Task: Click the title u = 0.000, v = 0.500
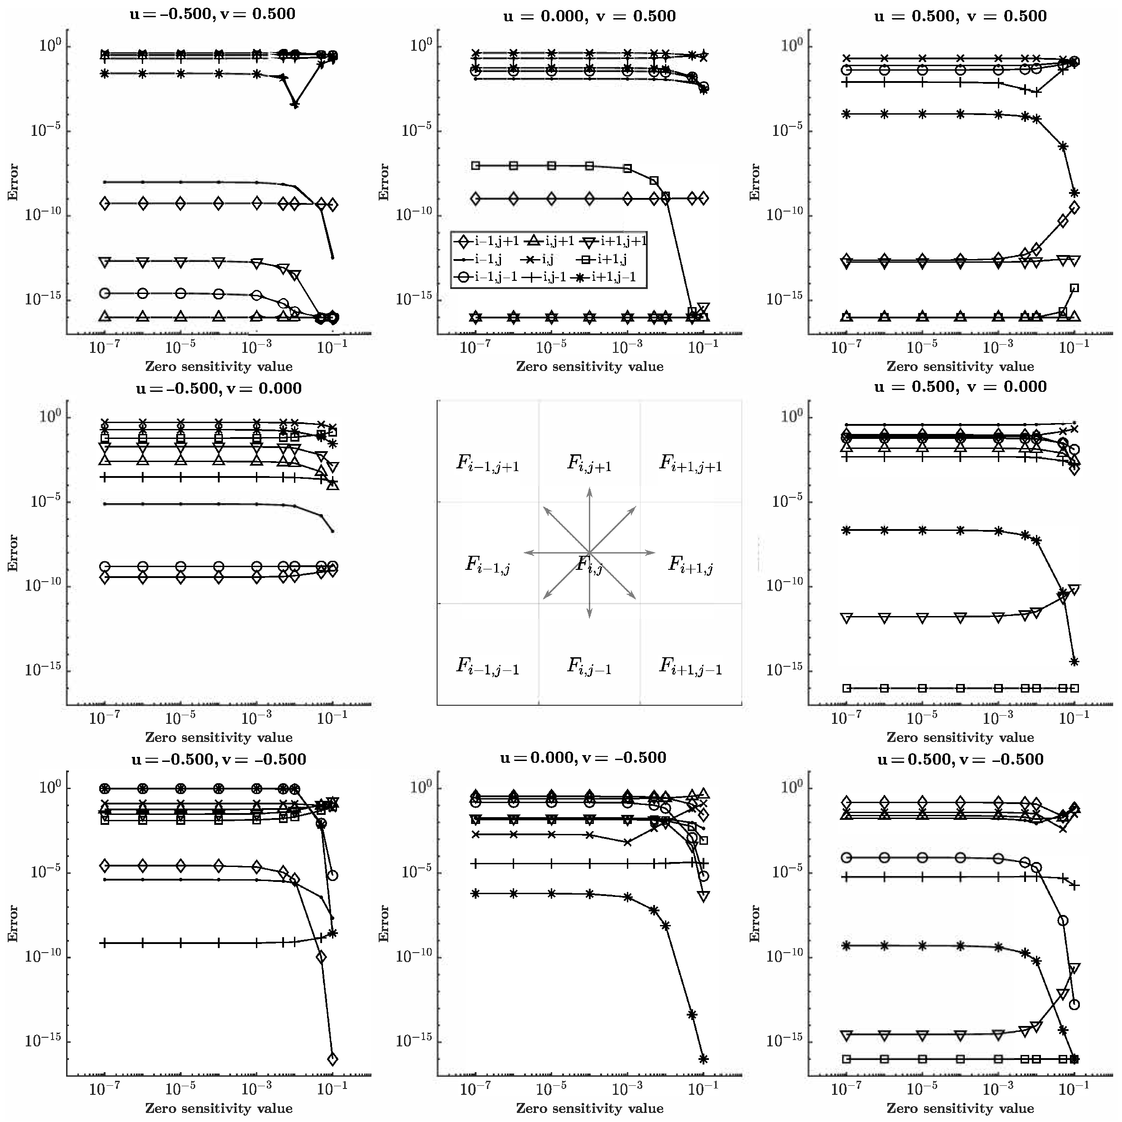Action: (589, 16)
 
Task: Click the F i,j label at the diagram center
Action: (589, 564)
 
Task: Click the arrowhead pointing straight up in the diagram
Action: (589, 491)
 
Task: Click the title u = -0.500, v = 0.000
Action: (218, 388)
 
